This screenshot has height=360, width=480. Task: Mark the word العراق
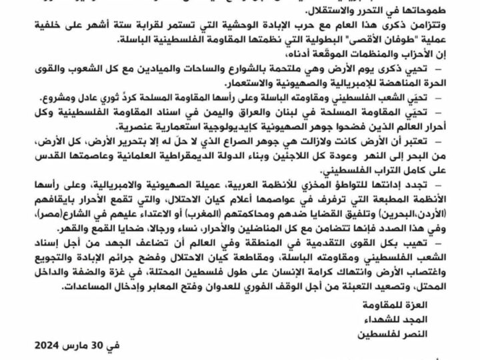point(266,111)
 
